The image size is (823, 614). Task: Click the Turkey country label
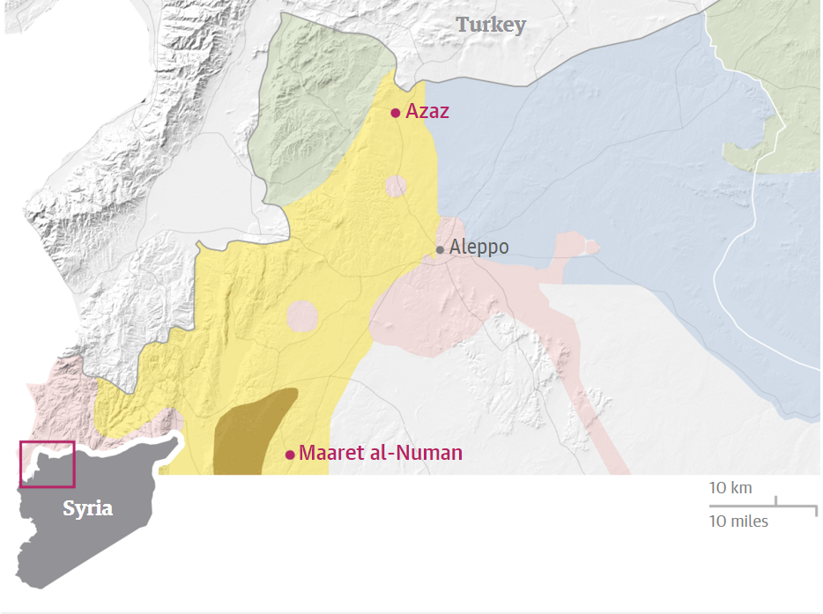(x=491, y=25)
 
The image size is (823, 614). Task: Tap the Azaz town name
(x=427, y=112)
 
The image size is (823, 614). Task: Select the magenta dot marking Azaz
(x=396, y=113)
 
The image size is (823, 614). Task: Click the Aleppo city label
(x=478, y=248)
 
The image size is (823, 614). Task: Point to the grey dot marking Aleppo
(x=440, y=250)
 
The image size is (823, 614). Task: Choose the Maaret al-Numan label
(x=381, y=454)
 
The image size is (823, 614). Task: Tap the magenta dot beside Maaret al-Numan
(x=290, y=455)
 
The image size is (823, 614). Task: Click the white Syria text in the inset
(x=87, y=509)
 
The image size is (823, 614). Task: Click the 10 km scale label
(x=730, y=488)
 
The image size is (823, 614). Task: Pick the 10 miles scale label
(x=738, y=522)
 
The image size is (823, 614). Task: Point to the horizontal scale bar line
(x=763, y=506)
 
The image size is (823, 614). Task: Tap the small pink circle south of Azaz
(x=396, y=187)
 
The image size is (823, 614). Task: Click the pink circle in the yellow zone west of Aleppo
(x=301, y=316)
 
